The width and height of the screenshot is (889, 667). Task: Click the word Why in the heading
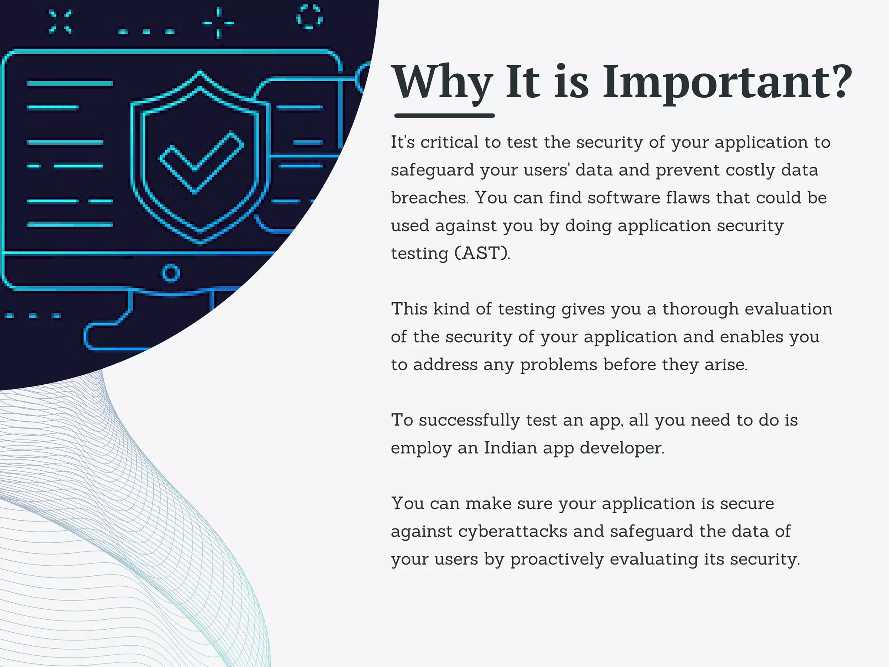click(442, 83)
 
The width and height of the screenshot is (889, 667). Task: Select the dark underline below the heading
click(444, 116)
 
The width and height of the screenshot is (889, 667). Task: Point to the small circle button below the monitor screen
click(171, 273)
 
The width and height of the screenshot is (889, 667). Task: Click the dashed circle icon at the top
click(309, 17)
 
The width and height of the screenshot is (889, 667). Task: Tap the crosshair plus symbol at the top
click(218, 23)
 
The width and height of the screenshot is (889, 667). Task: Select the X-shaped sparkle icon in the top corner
click(60, 22)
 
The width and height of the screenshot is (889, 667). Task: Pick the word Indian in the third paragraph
click(510, 448)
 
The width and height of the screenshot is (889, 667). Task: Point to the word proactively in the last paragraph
click(557, 559)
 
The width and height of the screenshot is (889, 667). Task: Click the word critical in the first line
click(449, 142)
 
